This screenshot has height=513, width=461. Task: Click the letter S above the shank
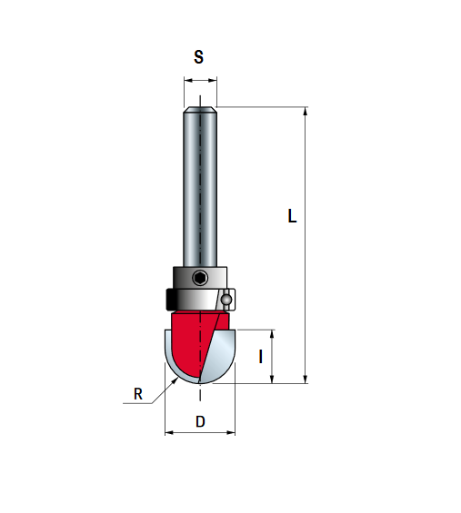pos(198,57)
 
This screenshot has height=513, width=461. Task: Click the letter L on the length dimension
pos(292,216)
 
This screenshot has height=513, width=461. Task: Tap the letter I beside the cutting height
pos(261,357)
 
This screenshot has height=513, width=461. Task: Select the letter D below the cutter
pos(200,421)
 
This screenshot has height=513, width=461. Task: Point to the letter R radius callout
pos(138,394)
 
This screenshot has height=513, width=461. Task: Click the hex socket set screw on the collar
pos(199,278)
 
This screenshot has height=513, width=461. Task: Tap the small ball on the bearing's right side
pos(226,299)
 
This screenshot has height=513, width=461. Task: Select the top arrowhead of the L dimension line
pos(306,112)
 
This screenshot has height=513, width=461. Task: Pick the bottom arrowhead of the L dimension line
pos(306,379)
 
